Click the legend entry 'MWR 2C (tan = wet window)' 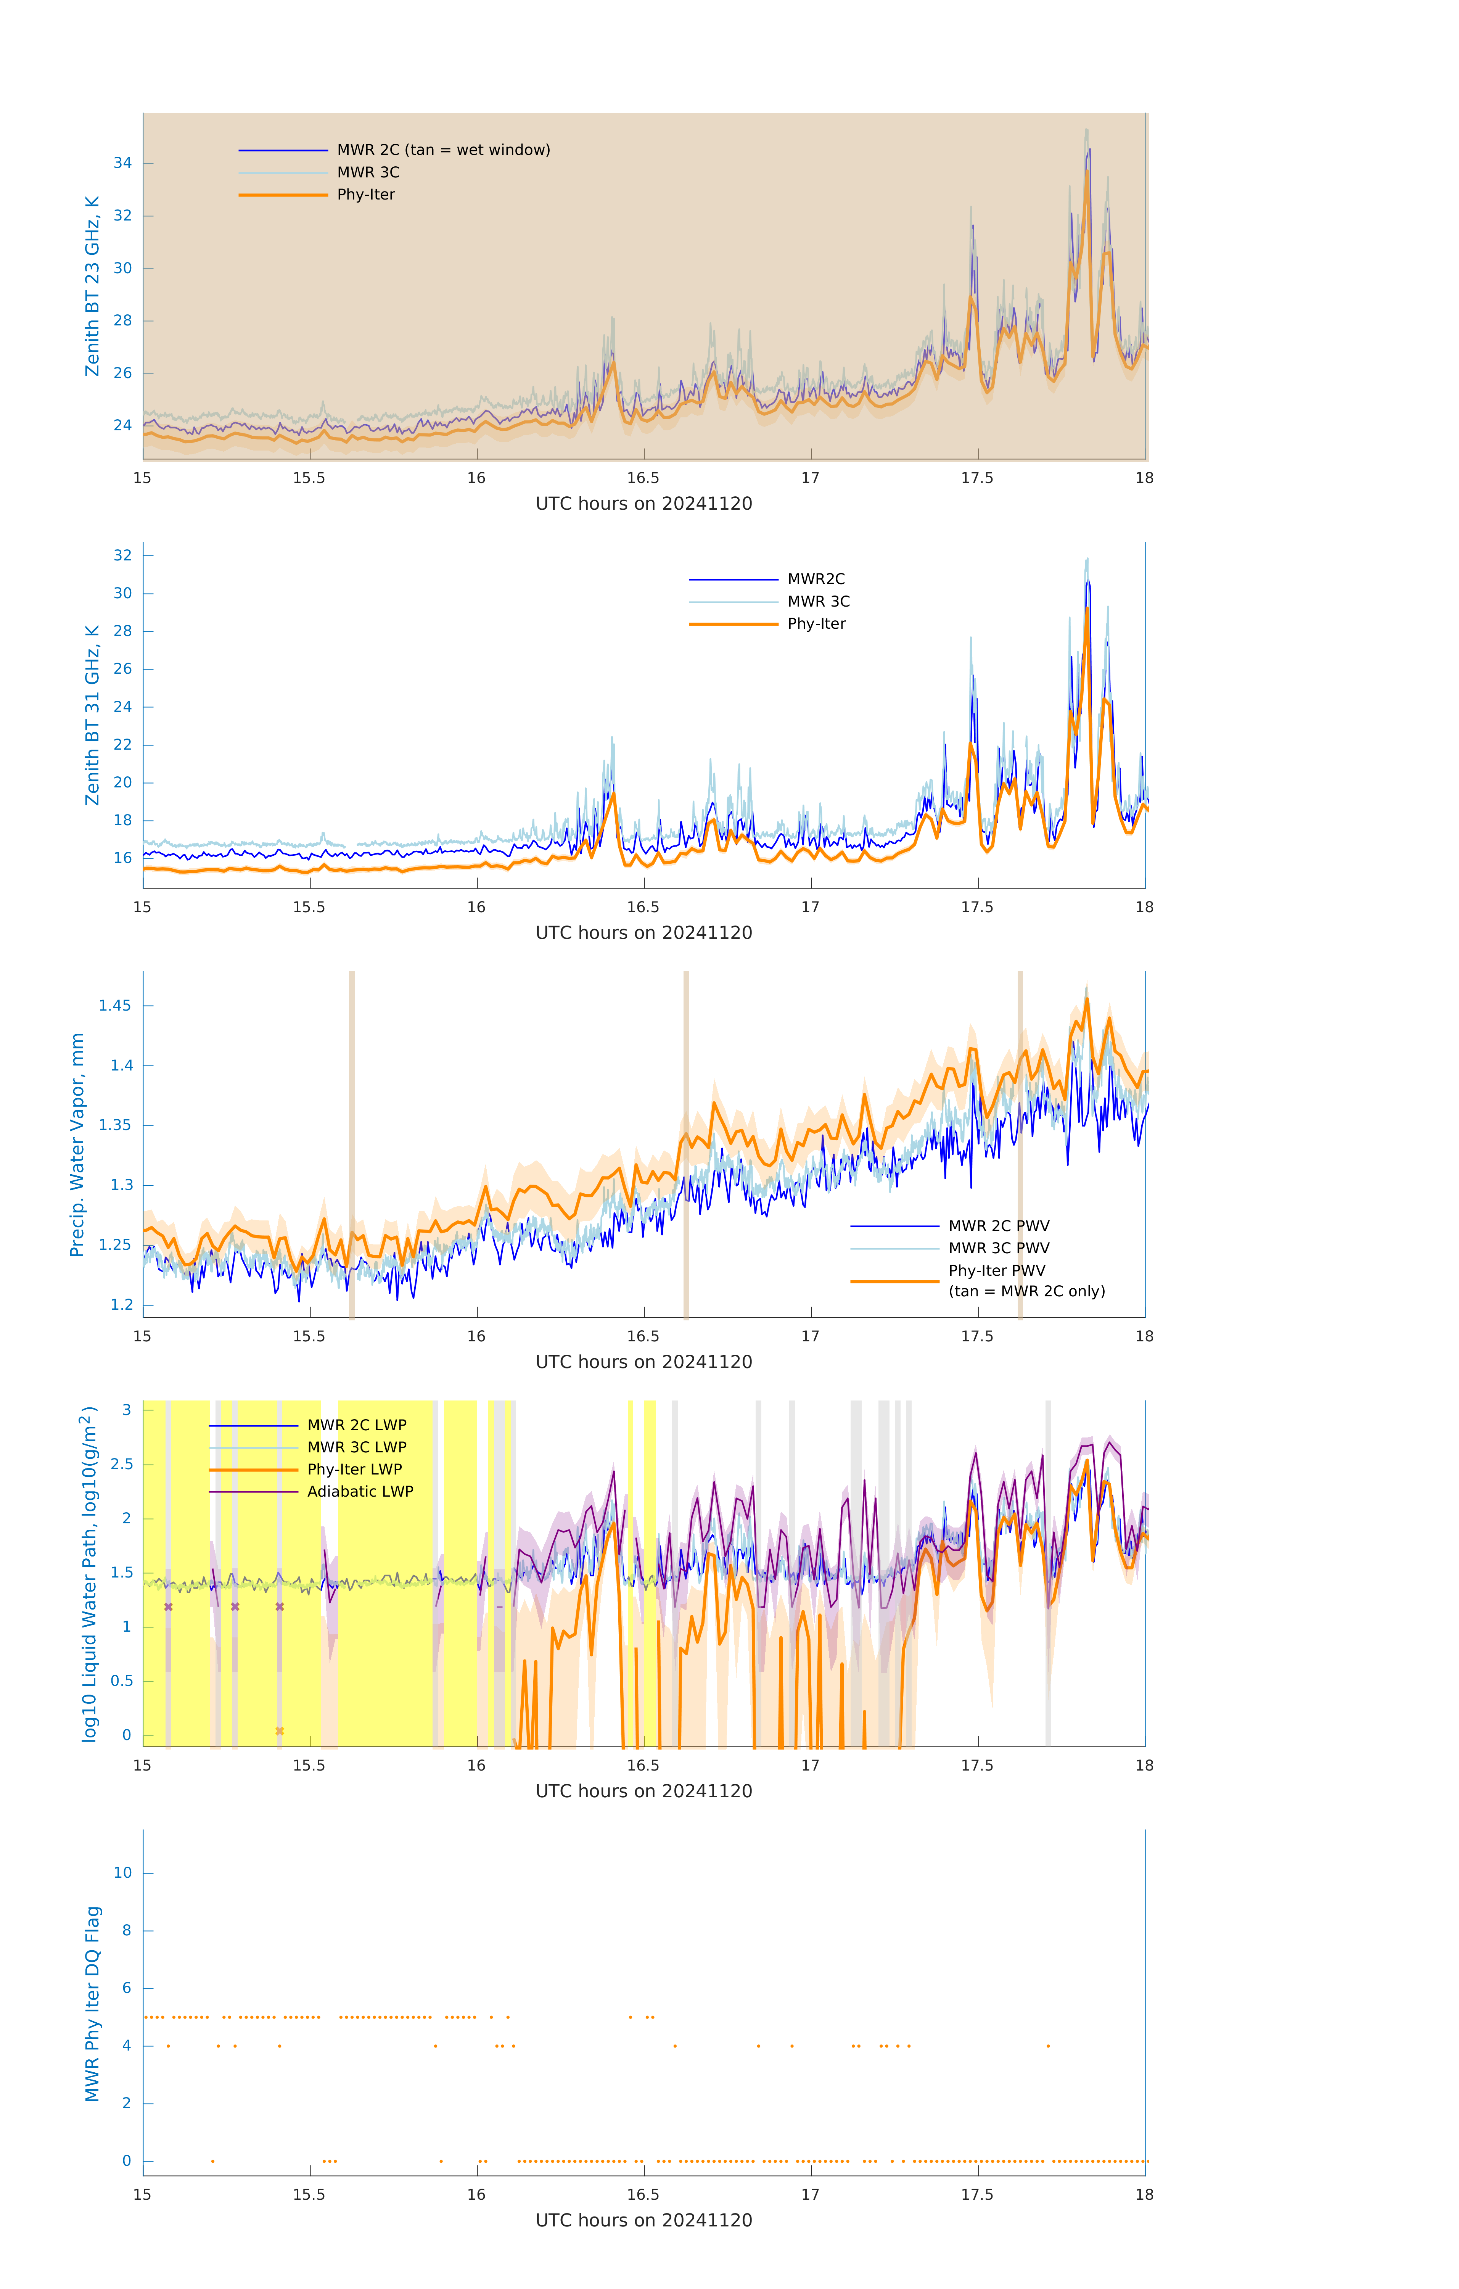tap(443, 150)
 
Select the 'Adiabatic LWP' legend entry tap(360, 1491)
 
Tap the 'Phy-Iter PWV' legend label tap(996, 1271)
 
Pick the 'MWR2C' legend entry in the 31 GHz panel tap(816, 579)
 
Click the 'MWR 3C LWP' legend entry tap(356, 1447)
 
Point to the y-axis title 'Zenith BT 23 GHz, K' tap(92, 286)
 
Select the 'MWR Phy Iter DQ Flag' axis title tap(92, 2003)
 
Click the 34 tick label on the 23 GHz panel tap(122, 163)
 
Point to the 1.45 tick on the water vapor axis tap(115, 1006)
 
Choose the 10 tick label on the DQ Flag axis tap(122, 1873)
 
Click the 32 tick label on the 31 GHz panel tap(122, 555)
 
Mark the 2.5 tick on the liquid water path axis tap(122, 1464)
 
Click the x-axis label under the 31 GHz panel tap(643, 932)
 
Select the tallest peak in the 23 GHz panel tap(1086, 130)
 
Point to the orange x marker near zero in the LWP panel tap(280, 1731)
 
